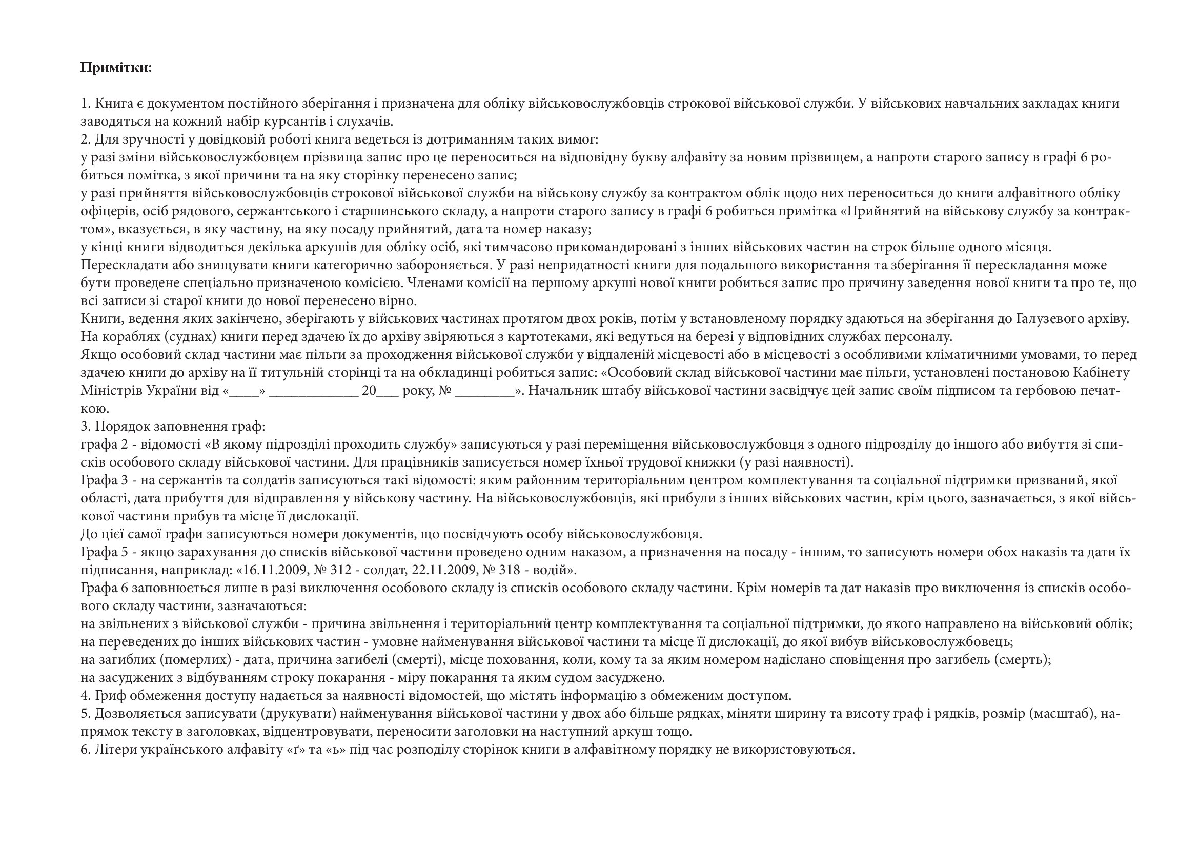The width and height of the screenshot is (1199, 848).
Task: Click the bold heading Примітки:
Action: pos(116,67)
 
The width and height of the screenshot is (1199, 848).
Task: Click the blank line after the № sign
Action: pos(484,391)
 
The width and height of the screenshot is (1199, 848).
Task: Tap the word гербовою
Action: pos(1049,391)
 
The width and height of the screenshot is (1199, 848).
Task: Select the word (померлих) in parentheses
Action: pos(196,659)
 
